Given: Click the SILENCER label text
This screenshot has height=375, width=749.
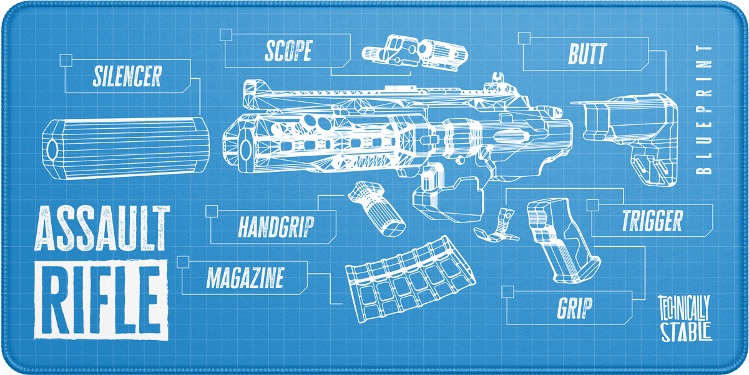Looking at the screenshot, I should click(x=127, y=76).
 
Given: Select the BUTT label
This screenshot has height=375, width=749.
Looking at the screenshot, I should click(x=587, y=54).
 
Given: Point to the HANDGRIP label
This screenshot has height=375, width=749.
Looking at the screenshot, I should click(x=276, y=227).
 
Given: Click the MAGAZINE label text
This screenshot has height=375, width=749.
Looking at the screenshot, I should click(x=245, y=277).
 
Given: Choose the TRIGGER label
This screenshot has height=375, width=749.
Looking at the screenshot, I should click(x=652, y=220).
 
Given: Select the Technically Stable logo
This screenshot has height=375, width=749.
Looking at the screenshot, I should click(x=685, y=317).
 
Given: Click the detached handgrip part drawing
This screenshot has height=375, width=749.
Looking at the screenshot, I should click(x=379, y=210).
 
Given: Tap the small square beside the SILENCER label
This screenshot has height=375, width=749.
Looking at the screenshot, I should click(x=66, y=60).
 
